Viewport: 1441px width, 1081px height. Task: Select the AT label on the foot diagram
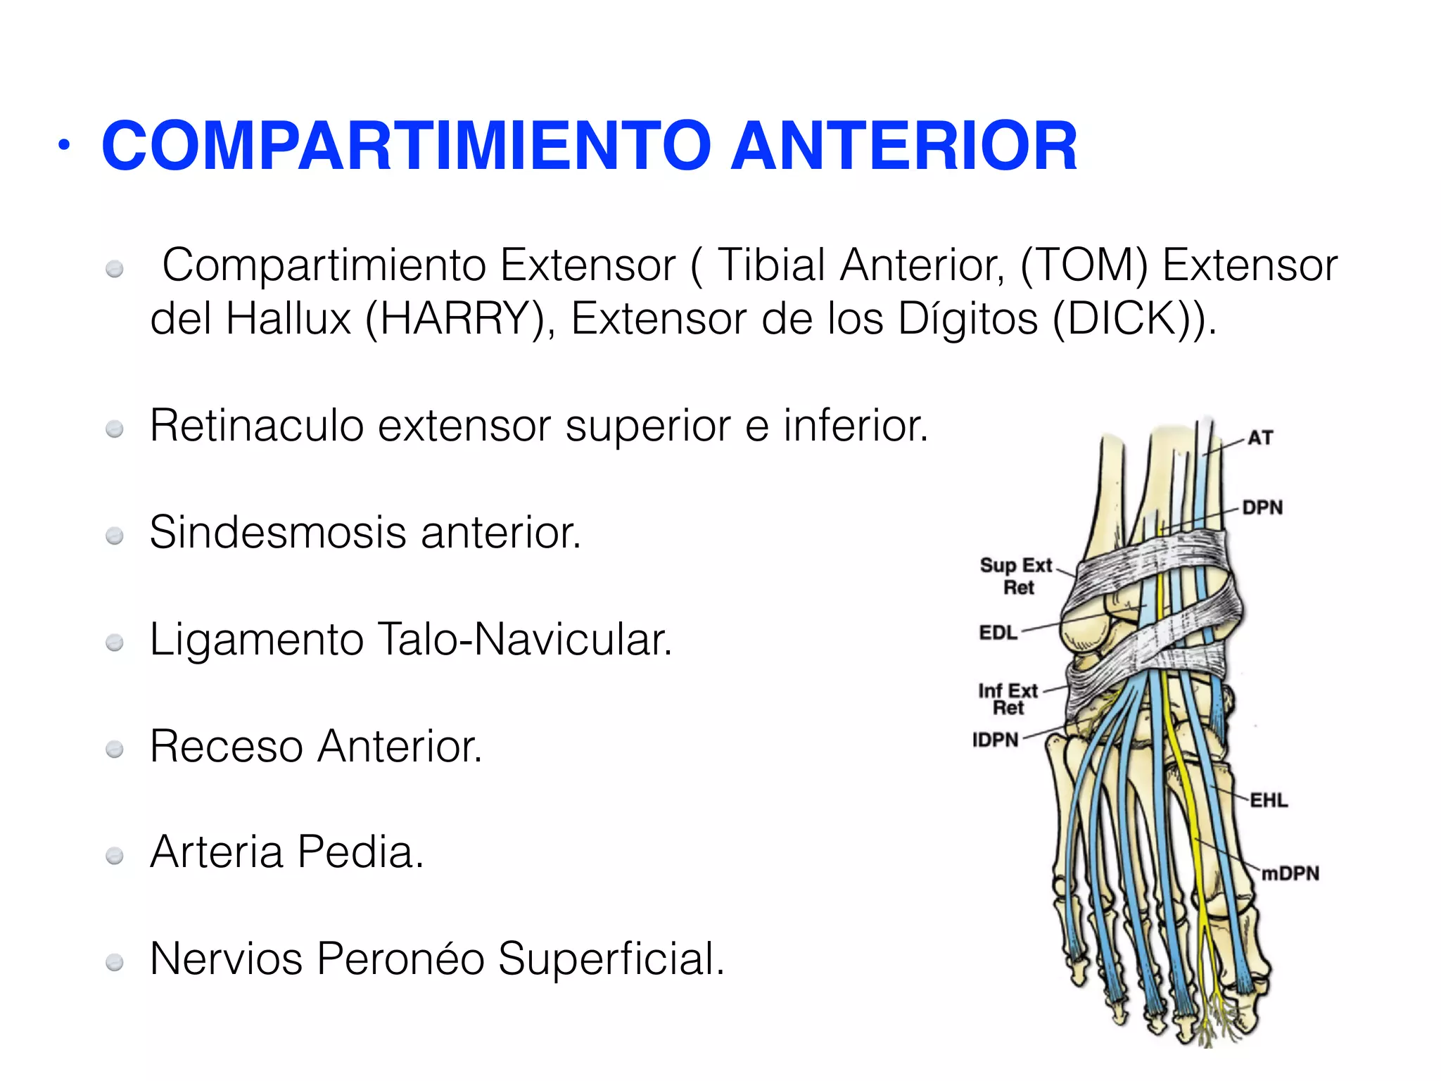pos(1260,438)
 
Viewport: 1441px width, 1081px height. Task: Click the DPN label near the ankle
pos(1262,507)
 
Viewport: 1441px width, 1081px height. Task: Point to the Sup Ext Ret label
pos(1017,576)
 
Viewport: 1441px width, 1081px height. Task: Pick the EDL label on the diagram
pos(998,633)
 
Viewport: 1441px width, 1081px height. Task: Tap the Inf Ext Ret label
pos(1008,699)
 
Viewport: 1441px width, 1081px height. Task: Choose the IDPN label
pos(995,740)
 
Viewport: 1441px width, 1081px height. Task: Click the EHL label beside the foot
pos(1269,800)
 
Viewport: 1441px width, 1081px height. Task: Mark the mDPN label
pos(1290,873)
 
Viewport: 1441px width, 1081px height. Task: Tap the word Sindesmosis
pos(277,532)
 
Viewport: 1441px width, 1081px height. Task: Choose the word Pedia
pos(360,852)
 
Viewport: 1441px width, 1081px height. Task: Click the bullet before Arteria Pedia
pos(114,856)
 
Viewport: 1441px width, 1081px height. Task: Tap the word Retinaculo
pos(256,426)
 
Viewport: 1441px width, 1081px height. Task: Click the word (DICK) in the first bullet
pos(1122,319)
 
